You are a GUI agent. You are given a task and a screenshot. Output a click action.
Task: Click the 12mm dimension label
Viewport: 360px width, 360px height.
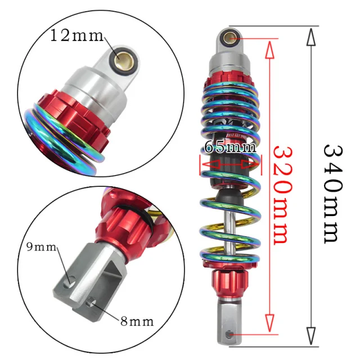[77, 37]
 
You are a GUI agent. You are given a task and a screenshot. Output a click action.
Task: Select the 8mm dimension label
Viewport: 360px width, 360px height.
[136, 321]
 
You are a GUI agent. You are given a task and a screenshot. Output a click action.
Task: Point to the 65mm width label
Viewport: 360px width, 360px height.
[229, 147]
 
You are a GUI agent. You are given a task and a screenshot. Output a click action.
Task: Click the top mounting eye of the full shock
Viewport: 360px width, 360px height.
[230, 38]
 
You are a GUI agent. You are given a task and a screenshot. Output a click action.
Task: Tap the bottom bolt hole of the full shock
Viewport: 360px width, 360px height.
[229, 334]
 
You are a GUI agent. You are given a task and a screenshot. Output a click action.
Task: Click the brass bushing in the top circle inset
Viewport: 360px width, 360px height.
[122, 57]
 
